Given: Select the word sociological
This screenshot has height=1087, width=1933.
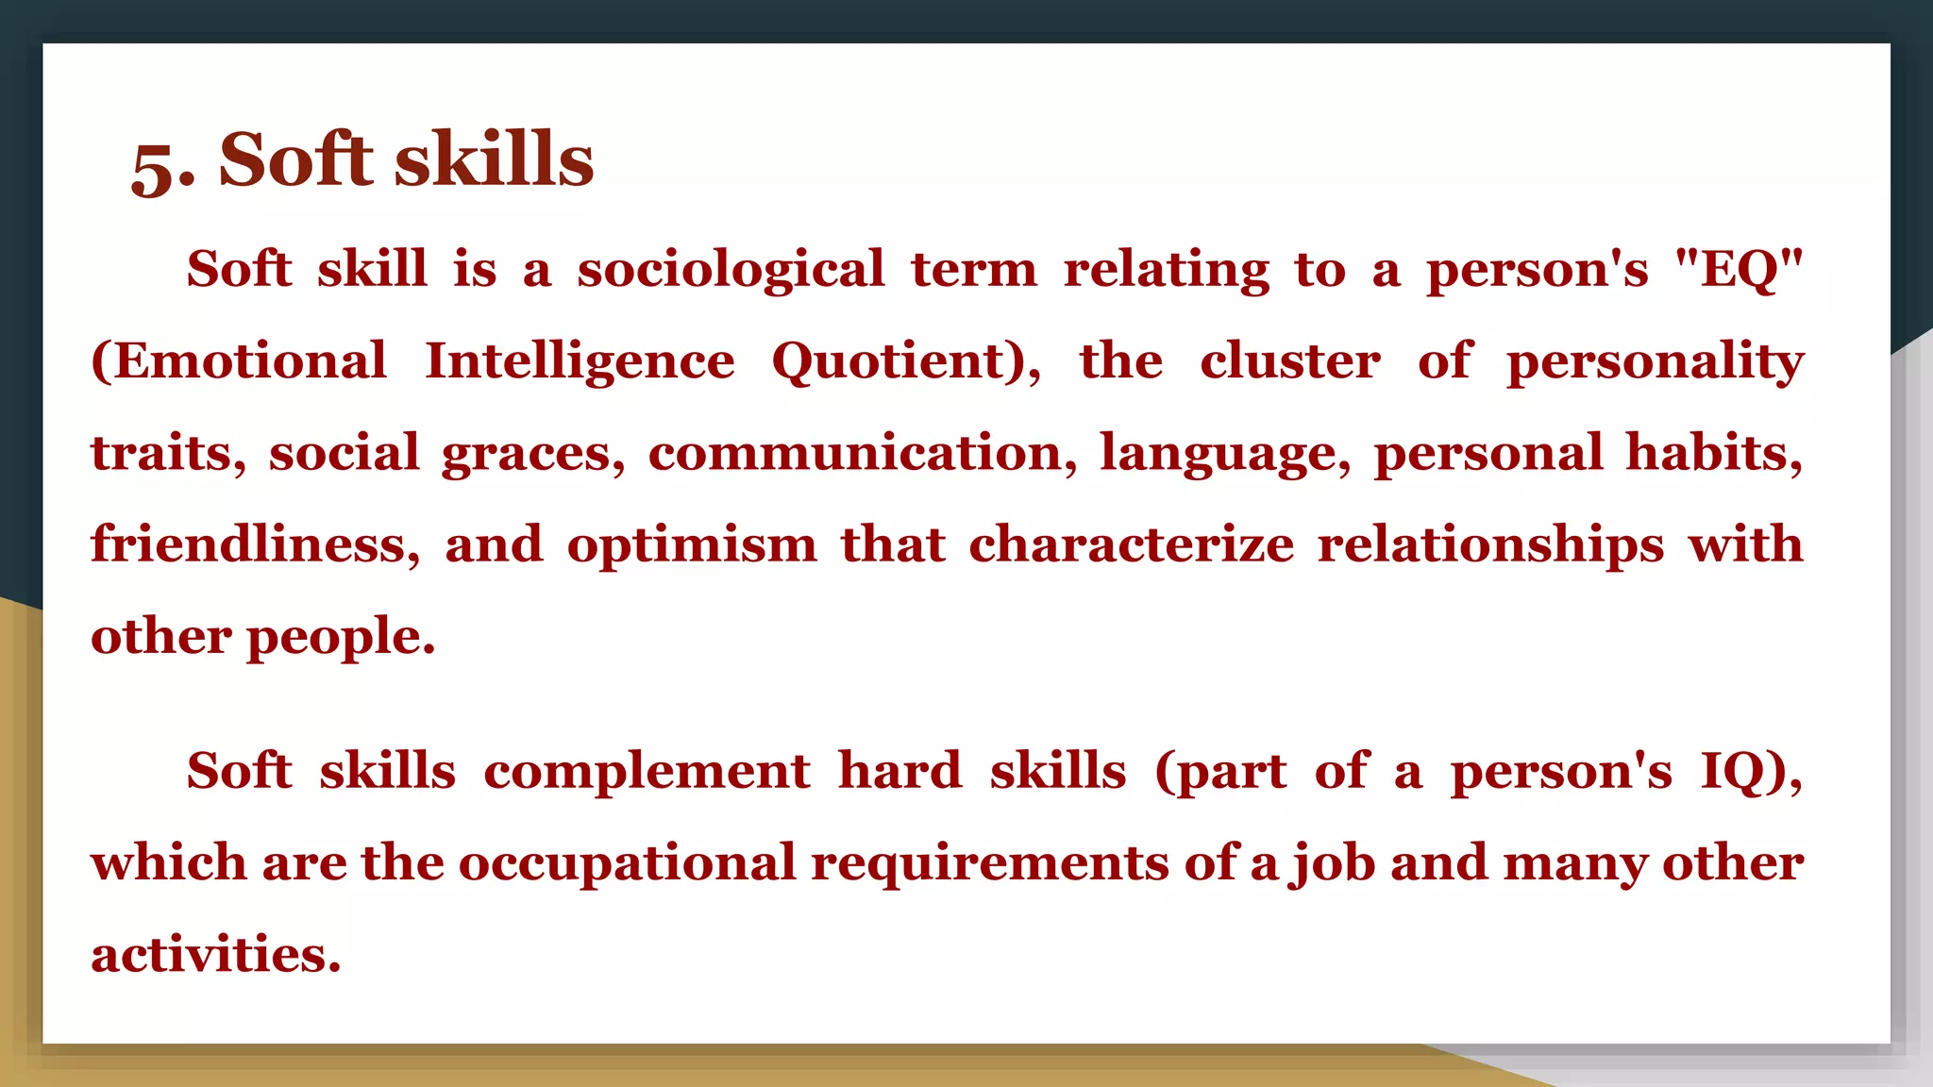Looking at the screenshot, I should click(731, 270).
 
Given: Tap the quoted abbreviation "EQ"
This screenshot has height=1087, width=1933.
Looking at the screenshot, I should click(1738, 270).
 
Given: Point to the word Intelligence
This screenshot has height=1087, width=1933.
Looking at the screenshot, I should click(580, 361).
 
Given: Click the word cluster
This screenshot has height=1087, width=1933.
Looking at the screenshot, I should click(1289, 361).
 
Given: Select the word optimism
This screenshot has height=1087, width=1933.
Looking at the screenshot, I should click(692, 546).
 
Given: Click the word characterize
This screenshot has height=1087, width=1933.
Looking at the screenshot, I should click(1131, 544).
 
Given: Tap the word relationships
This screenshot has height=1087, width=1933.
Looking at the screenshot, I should click(1490, 545).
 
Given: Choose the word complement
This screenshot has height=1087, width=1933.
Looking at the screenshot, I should click(647, 772).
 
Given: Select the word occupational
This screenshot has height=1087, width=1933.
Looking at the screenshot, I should click(628, 864).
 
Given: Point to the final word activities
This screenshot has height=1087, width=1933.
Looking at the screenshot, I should click(215, 955).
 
